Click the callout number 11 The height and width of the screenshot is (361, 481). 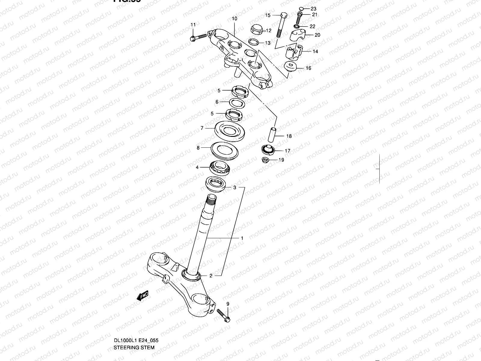click(x=193, y=25)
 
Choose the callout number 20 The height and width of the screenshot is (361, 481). click(x=317, y=35)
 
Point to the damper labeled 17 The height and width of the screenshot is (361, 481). click(x=267, y=149)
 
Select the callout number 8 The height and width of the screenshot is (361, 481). click(x=198, y=148)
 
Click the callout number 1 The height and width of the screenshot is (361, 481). click(x=242, y=238)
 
